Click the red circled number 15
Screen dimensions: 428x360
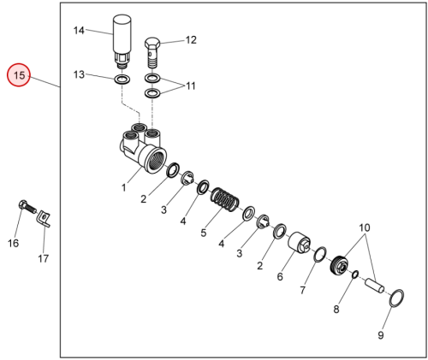coord(19,75)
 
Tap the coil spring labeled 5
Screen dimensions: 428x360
coord(225,200)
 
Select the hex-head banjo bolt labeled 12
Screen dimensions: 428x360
coord(152,53)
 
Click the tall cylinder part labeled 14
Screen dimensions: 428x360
coord(122,42)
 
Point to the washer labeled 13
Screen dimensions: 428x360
coord(122,80)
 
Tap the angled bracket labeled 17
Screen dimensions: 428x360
coord(44,219)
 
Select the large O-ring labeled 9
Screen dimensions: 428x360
coord(396,298)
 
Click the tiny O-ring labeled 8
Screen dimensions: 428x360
coord(355,274)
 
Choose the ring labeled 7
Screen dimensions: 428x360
coord(320,254)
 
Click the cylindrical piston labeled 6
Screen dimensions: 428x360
coord(299,242)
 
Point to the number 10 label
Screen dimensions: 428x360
coord(365,227)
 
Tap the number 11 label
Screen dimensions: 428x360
coord(191,86)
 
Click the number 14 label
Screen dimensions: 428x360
coord(79,31)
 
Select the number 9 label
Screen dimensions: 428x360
coord(381,335)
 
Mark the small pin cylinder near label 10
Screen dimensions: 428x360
coord(375,286)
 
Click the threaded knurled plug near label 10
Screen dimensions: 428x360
coord(340,265)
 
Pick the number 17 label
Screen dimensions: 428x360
coord(44,259)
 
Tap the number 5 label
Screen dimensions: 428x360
coord(203,233)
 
